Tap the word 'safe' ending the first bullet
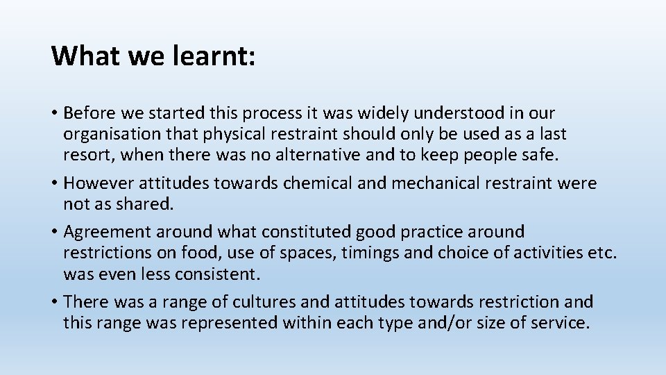point(539,154)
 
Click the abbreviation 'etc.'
point(601,252)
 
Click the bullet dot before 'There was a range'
point(55,302)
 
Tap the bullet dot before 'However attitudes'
point(55,183)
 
